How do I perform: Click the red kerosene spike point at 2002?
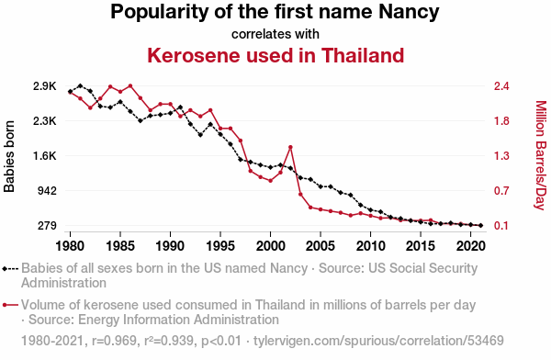coord(290,147)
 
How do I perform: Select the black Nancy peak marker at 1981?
coord(81,85)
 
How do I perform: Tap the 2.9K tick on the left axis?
coord(45,86)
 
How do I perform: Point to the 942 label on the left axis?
coord(47,191)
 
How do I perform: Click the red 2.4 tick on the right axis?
coord(501,86)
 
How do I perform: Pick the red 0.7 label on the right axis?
coord(501,191)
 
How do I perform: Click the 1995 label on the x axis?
coord(220,246)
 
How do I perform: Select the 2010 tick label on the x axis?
coord(370,246)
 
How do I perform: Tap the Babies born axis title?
coord(9,156)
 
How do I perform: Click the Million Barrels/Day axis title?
coord(541,155)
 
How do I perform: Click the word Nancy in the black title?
coord(409,12)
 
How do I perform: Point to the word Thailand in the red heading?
coord(363,55)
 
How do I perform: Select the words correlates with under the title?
coord(275,34)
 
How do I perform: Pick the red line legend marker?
coord(10,305)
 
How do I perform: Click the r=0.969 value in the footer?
coord(114,341)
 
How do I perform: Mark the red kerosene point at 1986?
coord(130,85)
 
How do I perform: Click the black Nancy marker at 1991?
coord(180,107)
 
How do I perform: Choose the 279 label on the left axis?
coord(47,226)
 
